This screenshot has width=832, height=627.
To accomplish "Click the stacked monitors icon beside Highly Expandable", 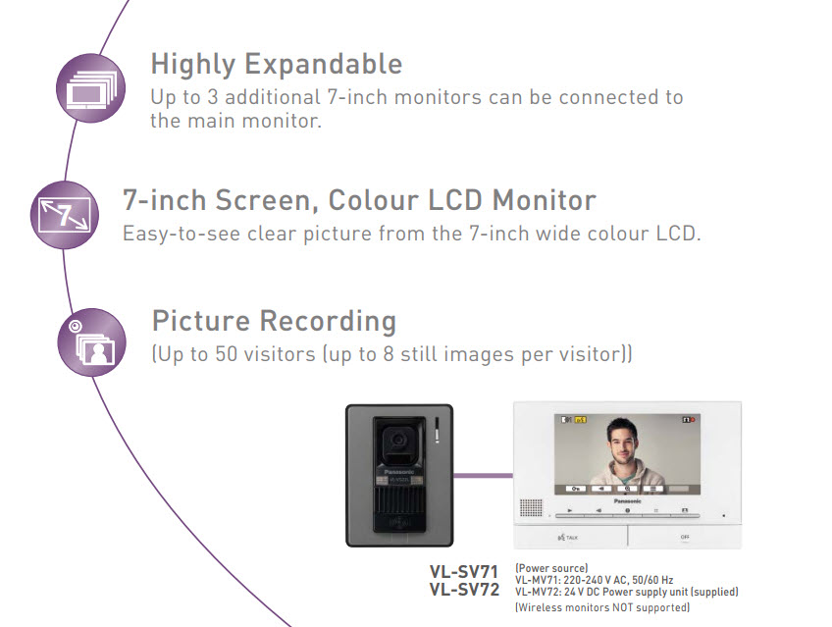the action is (x=90, y=88).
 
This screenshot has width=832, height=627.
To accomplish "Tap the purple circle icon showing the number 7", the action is (x=65, y=215).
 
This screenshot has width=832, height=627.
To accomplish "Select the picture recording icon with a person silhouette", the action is (x=92, y=342).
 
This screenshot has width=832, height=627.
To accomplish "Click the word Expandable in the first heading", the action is (x=323, y=65).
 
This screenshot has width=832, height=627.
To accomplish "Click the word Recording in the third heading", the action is (x=328, y=322).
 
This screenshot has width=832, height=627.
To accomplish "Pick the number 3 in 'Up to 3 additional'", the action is (x=213, y=97).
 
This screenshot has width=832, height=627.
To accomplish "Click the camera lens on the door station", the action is (x=398, y=439).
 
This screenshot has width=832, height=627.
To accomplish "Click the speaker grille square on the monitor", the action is (x=531, y=507).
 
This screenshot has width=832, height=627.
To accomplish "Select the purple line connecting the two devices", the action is (x=484, y=475).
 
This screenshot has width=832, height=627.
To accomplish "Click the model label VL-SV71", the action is (x=464, y=572).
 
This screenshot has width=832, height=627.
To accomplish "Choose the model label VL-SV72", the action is (x=464, y=590).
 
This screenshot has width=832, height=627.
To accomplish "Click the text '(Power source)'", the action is (x=551, y=568).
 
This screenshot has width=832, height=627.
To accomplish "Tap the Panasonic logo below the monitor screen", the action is (x=628, y=500).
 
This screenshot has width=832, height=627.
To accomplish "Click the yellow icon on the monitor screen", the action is (x=581, y=420).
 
